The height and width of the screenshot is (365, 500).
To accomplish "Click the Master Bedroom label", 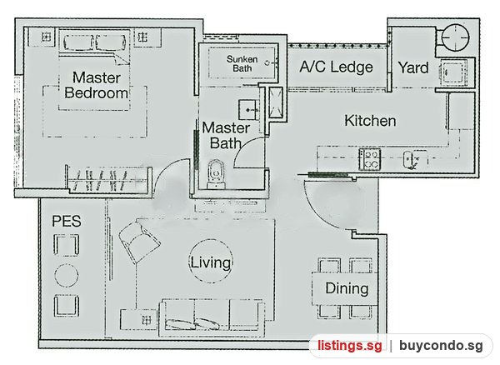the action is click(97, 85).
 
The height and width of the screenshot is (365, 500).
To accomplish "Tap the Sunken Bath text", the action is click(242, 63).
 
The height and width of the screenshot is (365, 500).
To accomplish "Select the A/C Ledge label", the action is click(336, 67).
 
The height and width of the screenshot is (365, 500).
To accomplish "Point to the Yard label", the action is click(413, 67).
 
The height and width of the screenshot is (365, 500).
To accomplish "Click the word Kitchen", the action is click(370, 121).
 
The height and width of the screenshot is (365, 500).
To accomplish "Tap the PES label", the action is click(67, 221).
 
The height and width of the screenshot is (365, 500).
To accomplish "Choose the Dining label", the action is click(347, 288).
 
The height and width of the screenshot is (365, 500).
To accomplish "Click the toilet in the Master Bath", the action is click(216, 174).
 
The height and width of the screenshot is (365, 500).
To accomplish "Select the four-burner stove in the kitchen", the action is click(369, 159).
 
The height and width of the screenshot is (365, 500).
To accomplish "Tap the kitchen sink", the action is click(412, 159).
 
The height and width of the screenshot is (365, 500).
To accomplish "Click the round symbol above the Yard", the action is click(455, 37).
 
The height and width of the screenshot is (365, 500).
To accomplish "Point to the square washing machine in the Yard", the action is click(453, 72).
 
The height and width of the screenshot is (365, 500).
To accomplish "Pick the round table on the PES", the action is click(67, 276).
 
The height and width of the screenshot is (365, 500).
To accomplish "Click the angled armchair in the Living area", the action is click(139, 242).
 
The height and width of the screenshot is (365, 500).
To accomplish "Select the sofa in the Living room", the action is click(212, 317).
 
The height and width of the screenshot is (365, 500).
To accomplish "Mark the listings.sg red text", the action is click(349, 346).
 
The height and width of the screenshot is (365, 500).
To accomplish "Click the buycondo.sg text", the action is click(441, 346).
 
